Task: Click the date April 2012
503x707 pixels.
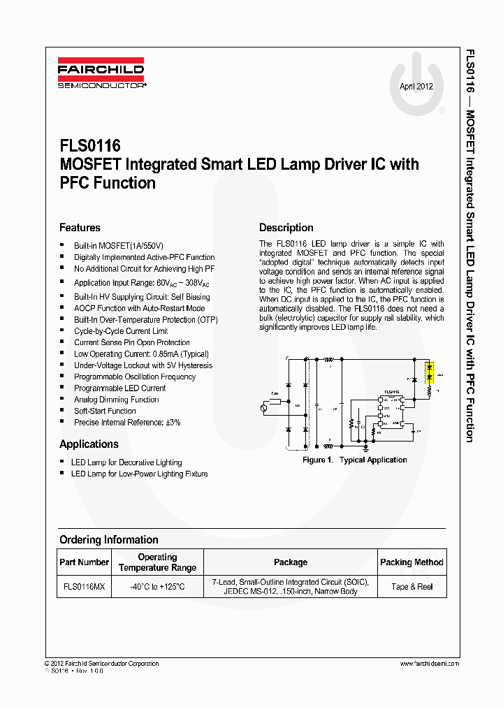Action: coord(416,87)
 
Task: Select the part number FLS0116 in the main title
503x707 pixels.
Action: coord(90,146)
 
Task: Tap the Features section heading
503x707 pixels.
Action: coord(80,228)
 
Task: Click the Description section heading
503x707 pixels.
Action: coord(286,228)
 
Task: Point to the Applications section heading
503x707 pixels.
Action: coord(89,444)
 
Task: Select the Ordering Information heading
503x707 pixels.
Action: coord(108,539)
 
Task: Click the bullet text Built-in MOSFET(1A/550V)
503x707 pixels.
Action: coord(119,246)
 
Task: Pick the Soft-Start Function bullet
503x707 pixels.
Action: coord(105,411)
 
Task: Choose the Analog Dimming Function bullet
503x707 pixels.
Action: coord(117,400)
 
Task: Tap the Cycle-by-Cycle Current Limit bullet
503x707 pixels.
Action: coord(121,331)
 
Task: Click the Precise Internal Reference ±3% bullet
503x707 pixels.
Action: coord(127,423)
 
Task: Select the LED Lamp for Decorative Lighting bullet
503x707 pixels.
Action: coord(126,462)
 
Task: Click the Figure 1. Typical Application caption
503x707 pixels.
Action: coord(354,460)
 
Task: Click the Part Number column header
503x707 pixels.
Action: coord(84,562)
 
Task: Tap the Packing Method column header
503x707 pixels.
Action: coord(411,562)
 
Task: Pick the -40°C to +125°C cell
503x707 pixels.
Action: coord(157,587)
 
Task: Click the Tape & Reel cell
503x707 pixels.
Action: coord(411,587)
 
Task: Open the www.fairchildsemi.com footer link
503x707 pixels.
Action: coord(430,664)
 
